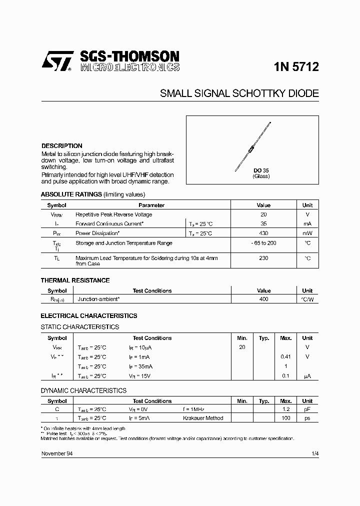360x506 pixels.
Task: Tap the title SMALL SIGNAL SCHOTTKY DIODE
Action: coord(239,93)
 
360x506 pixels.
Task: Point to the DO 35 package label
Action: coord(260,170)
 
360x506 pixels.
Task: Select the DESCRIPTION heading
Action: coord(61,146)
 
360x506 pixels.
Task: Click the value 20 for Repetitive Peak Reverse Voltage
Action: coord(263,214)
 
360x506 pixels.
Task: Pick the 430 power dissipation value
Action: coord(263,233)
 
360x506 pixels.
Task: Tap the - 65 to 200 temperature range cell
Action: coord(263,243)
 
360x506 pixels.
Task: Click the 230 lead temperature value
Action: coord(263,258)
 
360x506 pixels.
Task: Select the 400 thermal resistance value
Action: coord(263,299)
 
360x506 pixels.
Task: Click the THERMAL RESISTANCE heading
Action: coord(75,280)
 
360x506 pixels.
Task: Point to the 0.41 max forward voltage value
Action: coord(285,357)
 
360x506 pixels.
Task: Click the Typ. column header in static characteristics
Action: coord(264,338)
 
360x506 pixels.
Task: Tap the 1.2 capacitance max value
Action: coord(285,409)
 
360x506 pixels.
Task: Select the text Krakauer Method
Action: coord(203,418)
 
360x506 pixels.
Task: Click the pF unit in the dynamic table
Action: coord(307,409)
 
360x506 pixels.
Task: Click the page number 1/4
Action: coord(314,453)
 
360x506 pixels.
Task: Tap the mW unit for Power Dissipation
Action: coord(307,233)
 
